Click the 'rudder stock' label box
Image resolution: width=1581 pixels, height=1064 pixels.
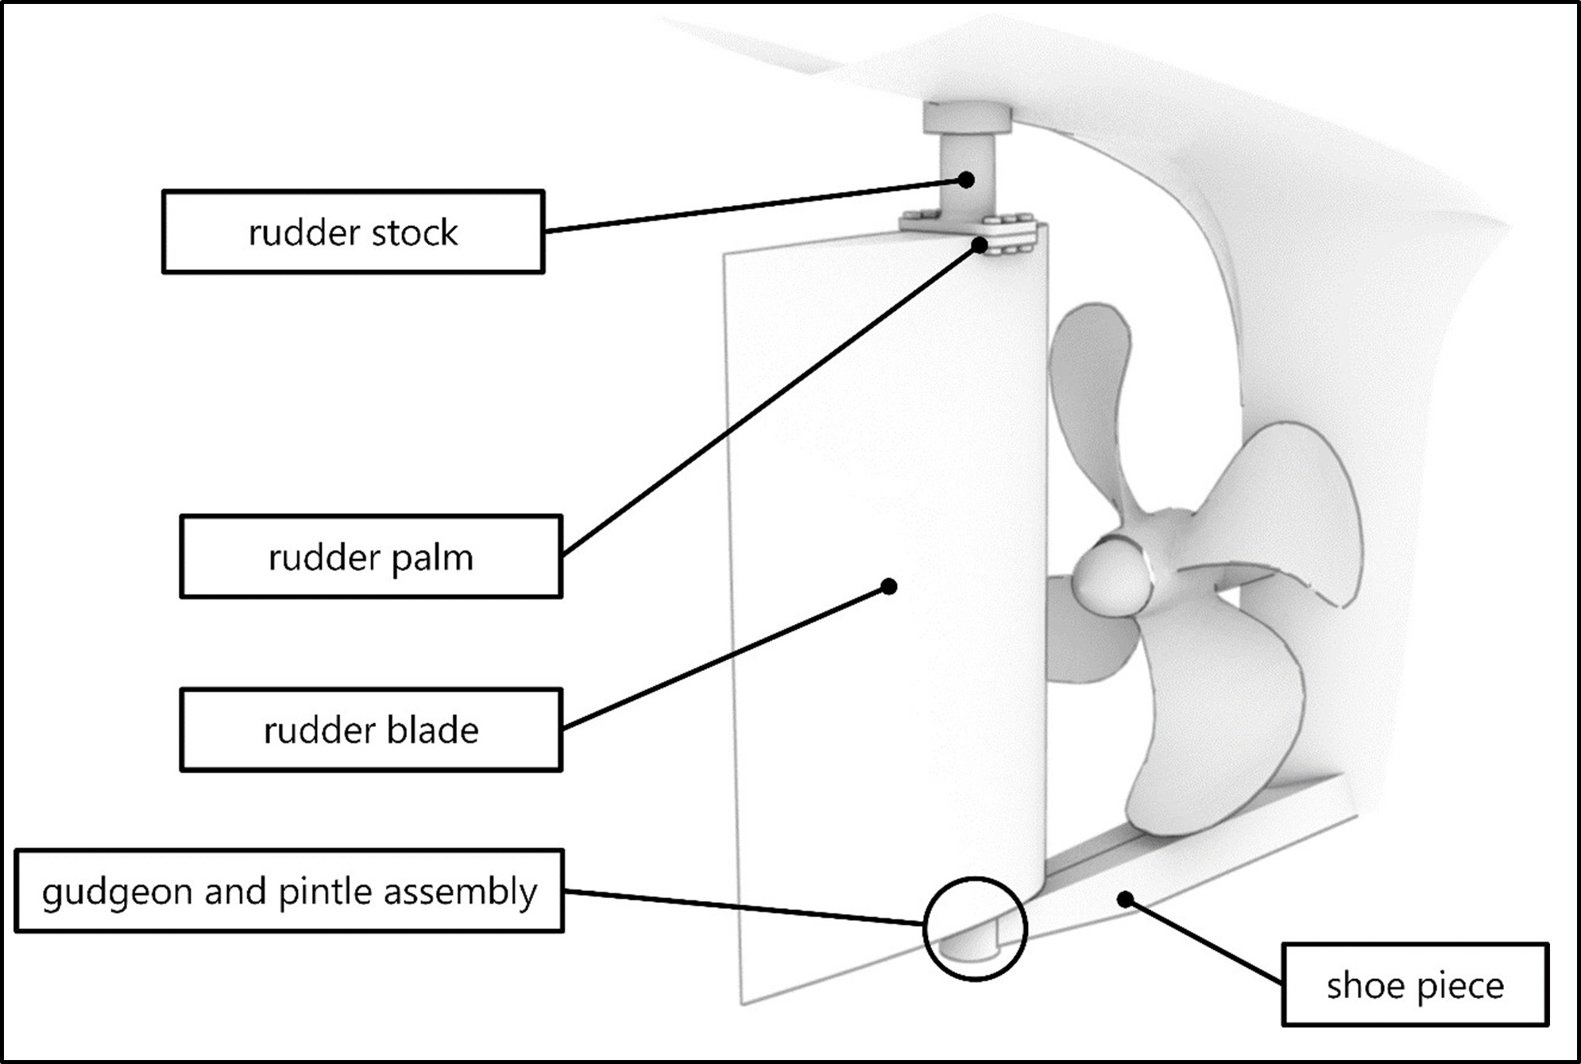tap(353, 232)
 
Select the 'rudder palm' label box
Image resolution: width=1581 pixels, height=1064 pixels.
tap(371, 557)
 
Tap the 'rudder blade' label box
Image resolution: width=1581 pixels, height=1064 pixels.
tap(371, 730)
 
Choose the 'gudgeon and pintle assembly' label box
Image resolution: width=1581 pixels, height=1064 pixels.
tap(289, 891)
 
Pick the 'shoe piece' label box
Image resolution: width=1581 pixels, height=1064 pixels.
tap(1415, 985)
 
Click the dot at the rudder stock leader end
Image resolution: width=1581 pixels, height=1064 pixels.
tap(966, 179)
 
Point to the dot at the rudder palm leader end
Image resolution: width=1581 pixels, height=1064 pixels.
tap(980, 245)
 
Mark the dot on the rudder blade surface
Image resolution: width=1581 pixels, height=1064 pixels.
tap(890, 586)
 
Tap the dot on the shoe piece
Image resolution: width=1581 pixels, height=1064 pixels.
tap(1125, 900)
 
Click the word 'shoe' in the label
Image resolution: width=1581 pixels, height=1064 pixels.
tap(1366, 985)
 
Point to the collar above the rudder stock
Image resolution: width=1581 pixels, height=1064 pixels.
tap(966, 118)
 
